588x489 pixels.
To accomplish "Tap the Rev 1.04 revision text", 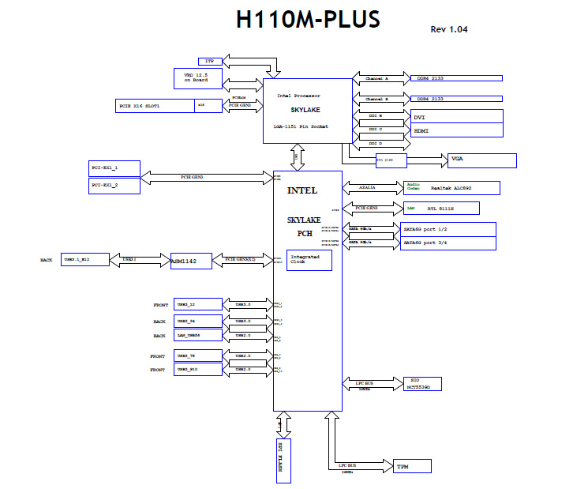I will [450, 29].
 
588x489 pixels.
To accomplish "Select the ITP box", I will [210, 61].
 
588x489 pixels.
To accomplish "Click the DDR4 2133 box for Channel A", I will [456, 78].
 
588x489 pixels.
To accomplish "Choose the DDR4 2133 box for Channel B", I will [456, 99].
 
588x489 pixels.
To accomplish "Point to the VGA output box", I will [481, 160].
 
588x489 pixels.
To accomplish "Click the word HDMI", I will [421, 130].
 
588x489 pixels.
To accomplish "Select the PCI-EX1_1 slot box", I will [114, 168].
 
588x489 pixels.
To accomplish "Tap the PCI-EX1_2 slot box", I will [114, 185].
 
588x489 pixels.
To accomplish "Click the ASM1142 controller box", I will [191, 260].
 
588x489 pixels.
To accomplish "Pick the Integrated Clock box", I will [309, 260].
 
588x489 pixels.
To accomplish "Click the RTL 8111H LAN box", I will [440, 208].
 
